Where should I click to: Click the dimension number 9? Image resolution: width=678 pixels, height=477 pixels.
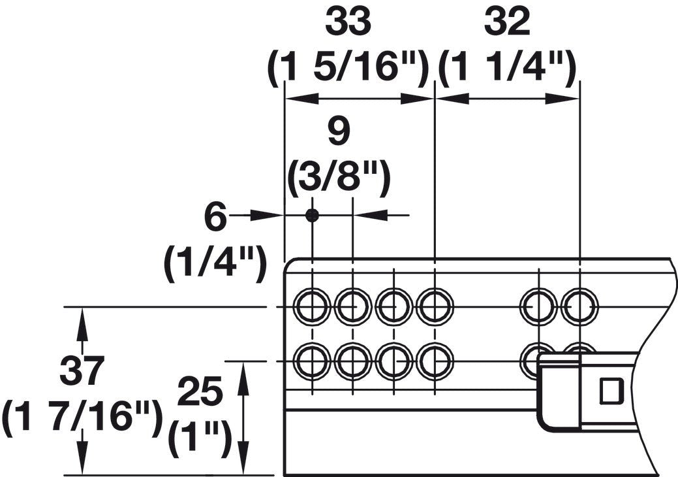pos(338,133)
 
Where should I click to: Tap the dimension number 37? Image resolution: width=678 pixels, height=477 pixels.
pos(82,372)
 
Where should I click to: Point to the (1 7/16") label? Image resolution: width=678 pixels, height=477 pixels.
pos(82,417)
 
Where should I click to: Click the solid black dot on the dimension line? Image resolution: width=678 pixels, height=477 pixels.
pos(312,215)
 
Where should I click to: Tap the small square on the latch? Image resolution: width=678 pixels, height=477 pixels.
pos(611,391)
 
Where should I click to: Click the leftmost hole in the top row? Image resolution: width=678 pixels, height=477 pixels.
pos(312,306)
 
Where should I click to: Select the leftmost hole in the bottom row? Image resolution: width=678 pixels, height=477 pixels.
pos(312,361)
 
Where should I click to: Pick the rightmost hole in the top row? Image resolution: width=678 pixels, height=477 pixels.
pos(579,306)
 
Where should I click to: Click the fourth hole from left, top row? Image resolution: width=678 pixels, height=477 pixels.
pos(435,306)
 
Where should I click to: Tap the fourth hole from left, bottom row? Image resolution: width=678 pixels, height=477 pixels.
pos(435,361)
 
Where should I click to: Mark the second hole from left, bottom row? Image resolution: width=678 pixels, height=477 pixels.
pos(353,361)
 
